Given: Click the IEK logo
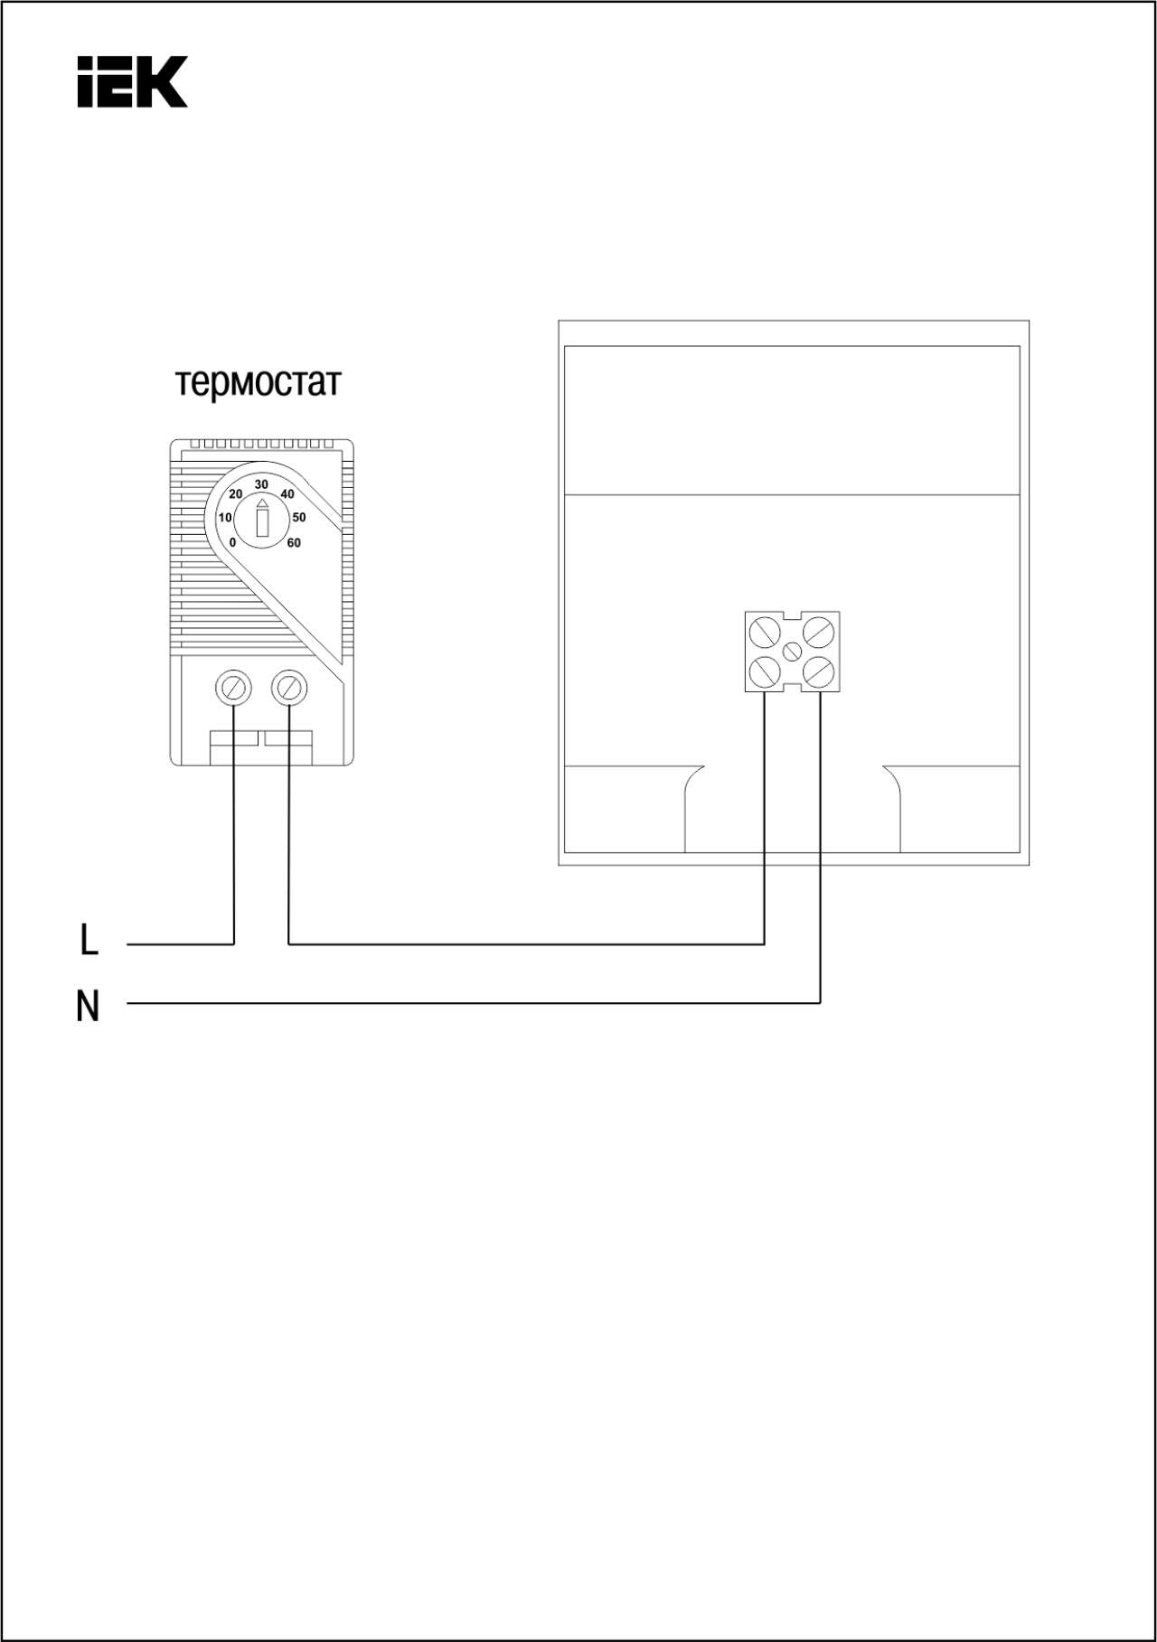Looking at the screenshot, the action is (x=132, y=81).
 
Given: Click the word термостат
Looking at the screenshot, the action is (x=259, y=383).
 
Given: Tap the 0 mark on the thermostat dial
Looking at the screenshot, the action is (x=232, y=543).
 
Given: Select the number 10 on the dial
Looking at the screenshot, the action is (x=225, y=518).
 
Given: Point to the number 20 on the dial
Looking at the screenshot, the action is (x=235, y=494).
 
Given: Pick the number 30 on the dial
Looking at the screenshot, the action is (x=261, y=484).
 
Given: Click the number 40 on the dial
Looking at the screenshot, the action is (x=287, y=494).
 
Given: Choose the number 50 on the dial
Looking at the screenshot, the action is (x=299, y=518).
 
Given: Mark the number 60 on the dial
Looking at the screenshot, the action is (x=294, y=543).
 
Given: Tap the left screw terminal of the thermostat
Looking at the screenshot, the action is (x=234, y=689).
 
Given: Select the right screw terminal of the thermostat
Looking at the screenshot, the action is (x=289, y=689).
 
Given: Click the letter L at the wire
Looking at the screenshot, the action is (x=89, y=940).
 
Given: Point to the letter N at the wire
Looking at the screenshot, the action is (x=88, y=1006).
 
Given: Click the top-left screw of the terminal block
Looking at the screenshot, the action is (x=765, y=632).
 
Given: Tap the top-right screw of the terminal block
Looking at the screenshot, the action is (x=819, y=632).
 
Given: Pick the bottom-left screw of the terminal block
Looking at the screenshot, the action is (x=765, y=671).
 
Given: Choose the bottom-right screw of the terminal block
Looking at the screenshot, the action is (x=819, y=671).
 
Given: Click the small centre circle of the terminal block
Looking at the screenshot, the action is (x=792, y=652).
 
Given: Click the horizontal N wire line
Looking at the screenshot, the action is (x=474, y=1003).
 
